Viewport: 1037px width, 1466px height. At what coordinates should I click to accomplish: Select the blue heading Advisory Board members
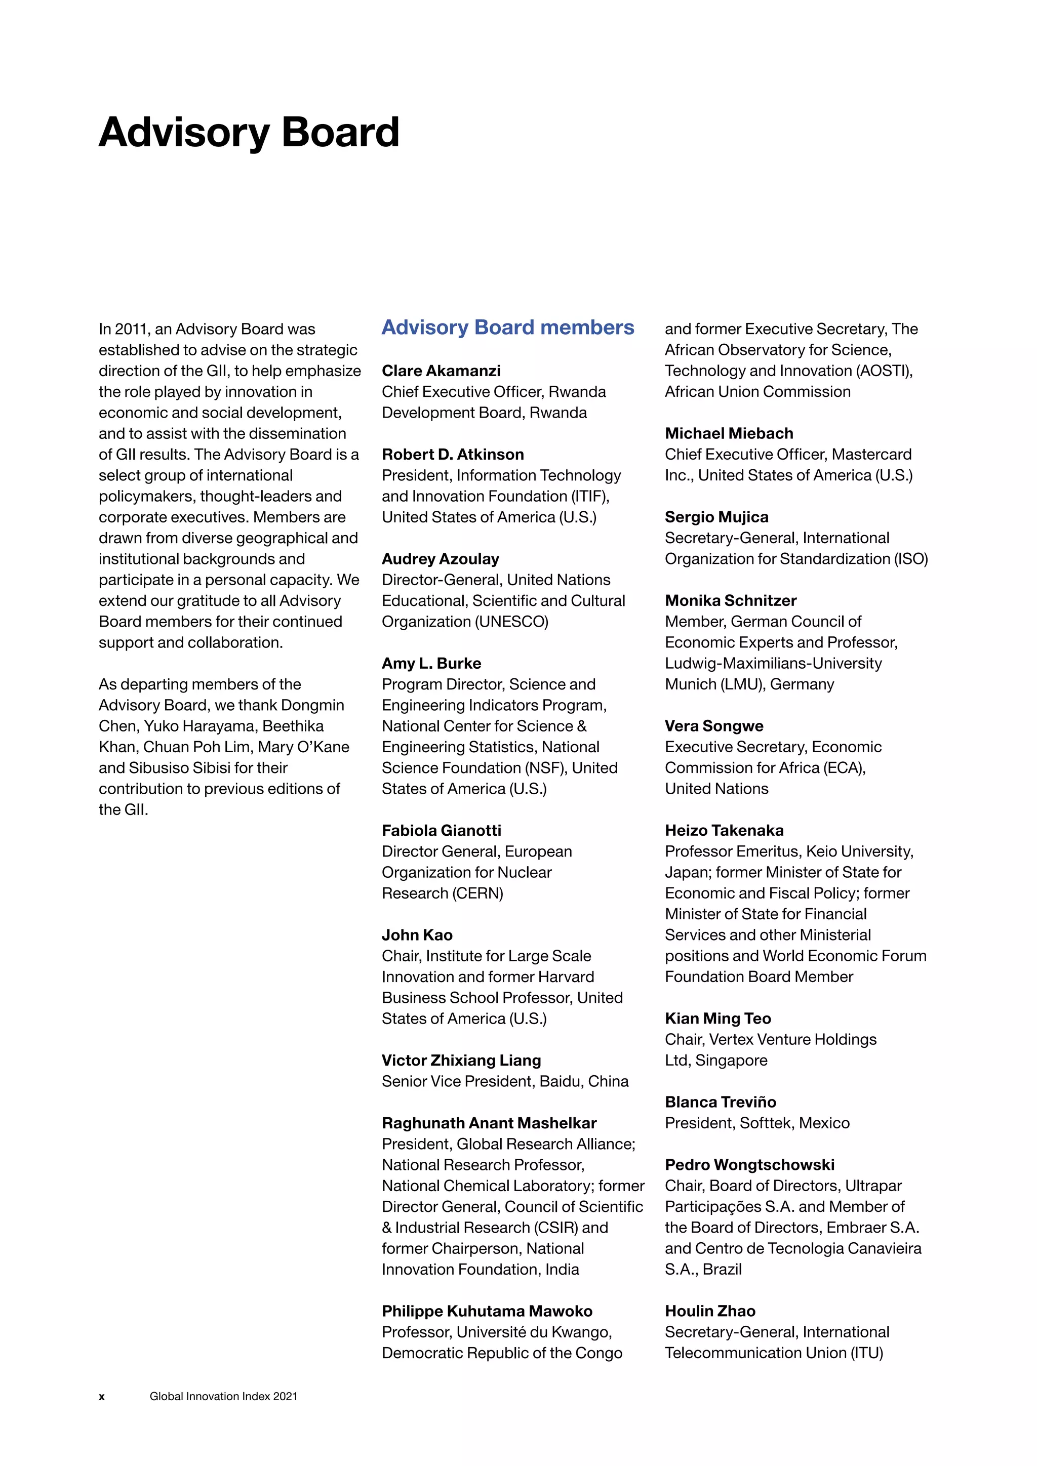508,328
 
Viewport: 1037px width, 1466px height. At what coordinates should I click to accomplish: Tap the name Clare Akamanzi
441,371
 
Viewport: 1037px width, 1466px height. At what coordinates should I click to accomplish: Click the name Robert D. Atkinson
452,455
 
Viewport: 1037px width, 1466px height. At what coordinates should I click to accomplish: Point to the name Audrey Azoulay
440,559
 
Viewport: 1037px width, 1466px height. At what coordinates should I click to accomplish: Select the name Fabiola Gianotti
441,831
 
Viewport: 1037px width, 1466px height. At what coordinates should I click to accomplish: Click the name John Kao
416,935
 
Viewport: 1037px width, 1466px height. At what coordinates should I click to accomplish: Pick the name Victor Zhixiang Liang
461,1061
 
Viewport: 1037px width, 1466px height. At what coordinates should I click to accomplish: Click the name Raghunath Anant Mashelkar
489,1123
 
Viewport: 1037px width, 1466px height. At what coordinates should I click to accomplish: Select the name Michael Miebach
729,433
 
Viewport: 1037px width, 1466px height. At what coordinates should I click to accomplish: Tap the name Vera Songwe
713,726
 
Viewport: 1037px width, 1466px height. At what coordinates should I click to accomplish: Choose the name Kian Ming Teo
717,1019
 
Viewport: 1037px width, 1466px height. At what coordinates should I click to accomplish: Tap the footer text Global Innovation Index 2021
223,1397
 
